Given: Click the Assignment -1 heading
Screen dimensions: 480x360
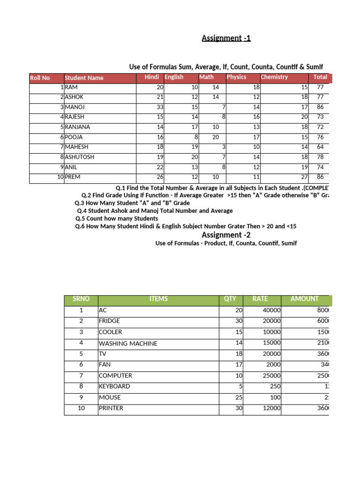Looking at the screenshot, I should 226,38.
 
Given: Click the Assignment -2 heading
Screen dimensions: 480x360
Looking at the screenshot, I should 226,235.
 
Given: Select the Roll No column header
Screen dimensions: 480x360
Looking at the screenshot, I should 40,78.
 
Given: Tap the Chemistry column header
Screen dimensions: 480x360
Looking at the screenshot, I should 274,77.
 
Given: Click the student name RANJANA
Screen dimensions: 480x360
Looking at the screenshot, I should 77,127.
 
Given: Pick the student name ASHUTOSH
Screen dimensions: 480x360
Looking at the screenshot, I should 80,157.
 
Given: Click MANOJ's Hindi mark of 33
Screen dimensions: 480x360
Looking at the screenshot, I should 160,107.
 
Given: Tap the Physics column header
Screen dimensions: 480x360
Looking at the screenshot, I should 237,77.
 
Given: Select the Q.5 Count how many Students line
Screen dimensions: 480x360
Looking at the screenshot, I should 117,218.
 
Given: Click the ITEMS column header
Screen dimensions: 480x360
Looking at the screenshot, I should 158,299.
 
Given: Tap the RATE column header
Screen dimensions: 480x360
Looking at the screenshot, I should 260,299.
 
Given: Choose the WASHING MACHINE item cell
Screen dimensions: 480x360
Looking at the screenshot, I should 127,344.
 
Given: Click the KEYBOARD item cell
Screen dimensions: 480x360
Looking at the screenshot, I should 114,387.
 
